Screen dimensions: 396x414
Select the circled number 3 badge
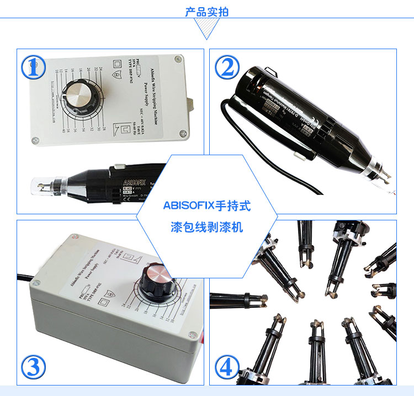33,366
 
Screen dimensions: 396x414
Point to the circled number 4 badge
227,366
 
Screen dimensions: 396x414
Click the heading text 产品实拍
207,12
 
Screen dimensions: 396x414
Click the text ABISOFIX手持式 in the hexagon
207,206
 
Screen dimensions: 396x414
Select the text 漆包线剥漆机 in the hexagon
207,227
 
